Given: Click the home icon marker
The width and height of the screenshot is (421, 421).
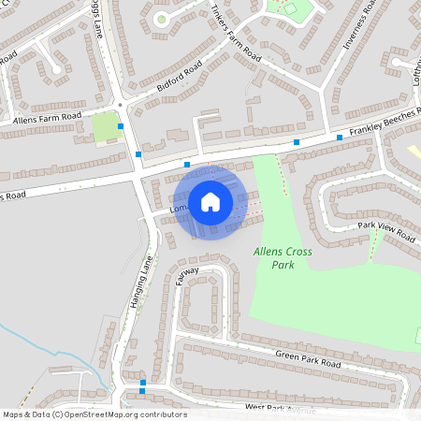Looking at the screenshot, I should point(210,201).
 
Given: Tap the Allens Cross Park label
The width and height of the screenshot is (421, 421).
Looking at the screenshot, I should point(283,258).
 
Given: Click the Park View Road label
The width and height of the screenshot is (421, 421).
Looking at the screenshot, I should point(386,231).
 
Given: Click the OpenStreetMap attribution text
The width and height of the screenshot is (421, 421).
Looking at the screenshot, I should point(94,414).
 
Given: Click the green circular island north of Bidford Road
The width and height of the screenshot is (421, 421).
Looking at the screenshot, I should point(161,19).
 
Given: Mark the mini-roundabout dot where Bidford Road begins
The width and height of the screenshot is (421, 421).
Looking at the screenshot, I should point(121,104).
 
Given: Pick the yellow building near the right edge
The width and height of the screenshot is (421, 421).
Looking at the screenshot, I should point(414,151).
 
